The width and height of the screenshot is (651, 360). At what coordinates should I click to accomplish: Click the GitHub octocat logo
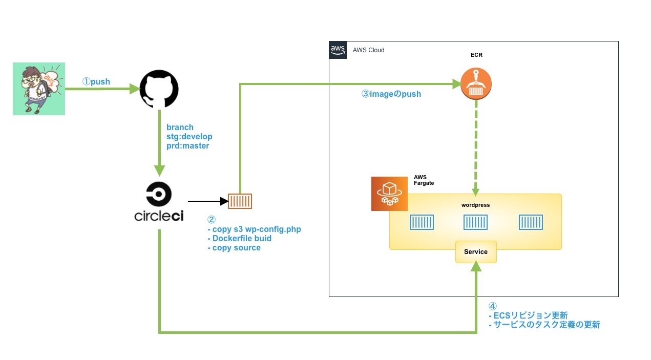click(x=159, y=89)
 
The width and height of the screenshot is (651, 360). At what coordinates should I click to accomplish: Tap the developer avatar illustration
click(x=39, y=89)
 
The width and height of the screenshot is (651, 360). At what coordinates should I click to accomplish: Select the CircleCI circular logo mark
click(x=159, y=195)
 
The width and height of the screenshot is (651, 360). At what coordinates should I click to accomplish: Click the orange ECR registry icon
click(x=476, y=83)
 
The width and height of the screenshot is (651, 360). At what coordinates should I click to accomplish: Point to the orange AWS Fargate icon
click(x=389, y=194)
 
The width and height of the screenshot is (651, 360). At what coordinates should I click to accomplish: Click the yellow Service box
click(x=476, y=251)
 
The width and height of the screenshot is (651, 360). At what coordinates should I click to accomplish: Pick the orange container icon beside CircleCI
click(x=240, y=201)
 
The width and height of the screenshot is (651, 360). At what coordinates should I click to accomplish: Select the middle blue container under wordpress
click(x=475, y=222)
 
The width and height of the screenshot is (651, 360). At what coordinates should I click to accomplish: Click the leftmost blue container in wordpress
click(x=422, y=222)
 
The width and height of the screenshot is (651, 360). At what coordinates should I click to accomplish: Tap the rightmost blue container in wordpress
click(x=531, y=222)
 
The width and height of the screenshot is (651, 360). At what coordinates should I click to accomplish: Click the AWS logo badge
click(x=338, y=50)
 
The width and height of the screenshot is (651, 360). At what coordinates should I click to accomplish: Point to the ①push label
click(x=96, y=82)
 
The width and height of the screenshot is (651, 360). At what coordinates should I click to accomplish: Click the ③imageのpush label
click(x=391, y=94)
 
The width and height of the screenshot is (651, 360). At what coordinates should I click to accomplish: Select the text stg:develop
click(x=190, y=137)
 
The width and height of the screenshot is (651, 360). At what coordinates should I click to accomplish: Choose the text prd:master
click(x=188, y=146)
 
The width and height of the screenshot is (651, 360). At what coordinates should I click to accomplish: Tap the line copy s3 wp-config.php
click(x=254, y=229)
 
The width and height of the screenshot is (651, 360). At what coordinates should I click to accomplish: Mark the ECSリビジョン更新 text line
click(x=528, y=315)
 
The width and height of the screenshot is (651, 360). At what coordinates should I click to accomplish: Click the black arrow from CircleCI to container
click(x=207, y=201)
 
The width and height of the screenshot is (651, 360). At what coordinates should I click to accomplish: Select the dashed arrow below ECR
click(x=476, y=149)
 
